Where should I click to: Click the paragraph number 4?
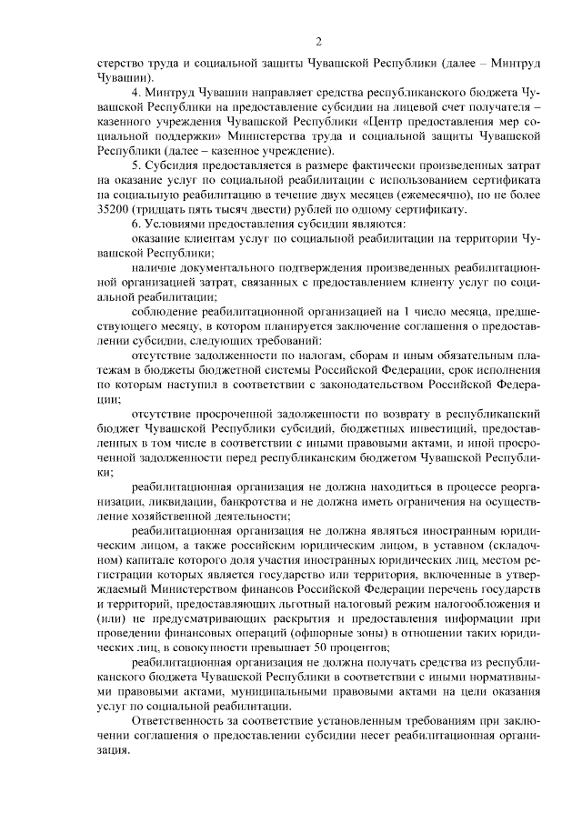pos(135,92)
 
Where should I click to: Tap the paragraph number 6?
pos(135,224)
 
